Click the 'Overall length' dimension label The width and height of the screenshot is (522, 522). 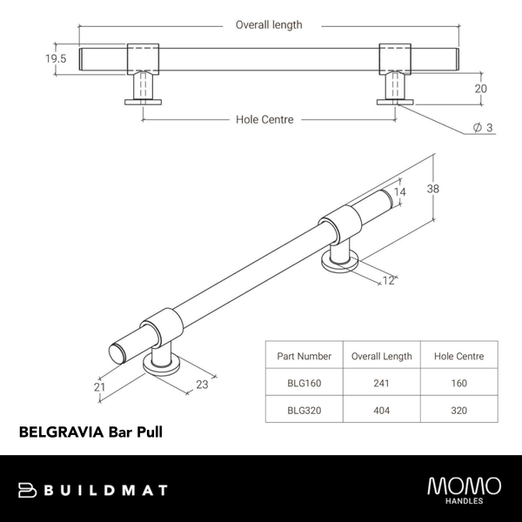click(269, 25)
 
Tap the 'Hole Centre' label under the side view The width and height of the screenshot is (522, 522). click(264, 119)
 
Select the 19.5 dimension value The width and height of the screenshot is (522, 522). click(32, 59)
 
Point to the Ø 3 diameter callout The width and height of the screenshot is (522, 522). click(483, 128)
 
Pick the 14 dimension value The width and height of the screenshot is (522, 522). click(399, 193)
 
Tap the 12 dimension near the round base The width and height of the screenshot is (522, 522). click(388, 280)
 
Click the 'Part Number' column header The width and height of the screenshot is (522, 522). click(304, 356)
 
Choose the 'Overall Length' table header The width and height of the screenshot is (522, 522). click(381, 356)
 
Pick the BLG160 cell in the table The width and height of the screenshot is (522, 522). click(304, 383)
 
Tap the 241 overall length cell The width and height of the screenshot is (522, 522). click(381, 383)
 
